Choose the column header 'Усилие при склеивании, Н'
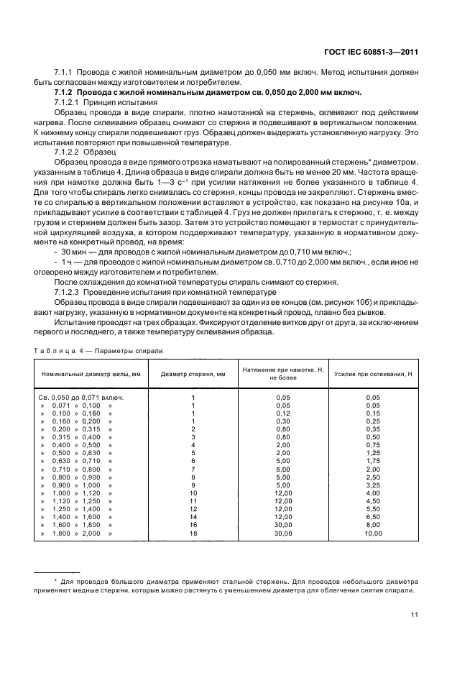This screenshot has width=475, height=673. [x=373, y=375]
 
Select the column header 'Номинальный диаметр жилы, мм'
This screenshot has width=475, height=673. [x=91, y=375]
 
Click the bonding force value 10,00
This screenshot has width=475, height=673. [x=373, y=534]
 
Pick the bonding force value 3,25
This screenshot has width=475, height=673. [x=373, y=485]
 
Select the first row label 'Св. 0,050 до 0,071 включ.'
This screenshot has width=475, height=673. [x=81, y=397]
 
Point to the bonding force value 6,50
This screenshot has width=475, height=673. [x=373, y=518]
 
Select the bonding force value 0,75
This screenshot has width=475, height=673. [x=373, y=445]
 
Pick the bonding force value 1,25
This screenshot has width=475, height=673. [x=373, y=453]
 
